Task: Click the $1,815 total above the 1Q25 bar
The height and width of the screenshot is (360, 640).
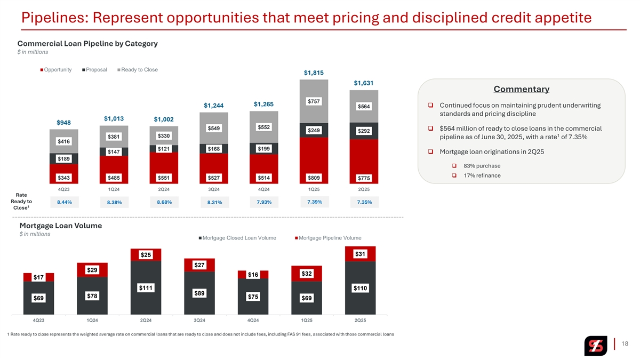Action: (314, 73)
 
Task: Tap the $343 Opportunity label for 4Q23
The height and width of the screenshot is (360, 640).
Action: (64, 177)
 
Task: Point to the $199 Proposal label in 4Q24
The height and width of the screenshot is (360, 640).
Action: (263, 148)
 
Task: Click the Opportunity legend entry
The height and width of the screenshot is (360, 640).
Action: (57, 70)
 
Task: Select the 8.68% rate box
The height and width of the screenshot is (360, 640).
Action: (164, 202)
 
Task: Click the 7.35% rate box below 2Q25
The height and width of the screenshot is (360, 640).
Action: (364, 203)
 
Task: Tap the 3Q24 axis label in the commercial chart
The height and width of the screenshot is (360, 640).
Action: (214, 189)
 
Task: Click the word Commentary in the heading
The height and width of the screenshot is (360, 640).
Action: (522, 89)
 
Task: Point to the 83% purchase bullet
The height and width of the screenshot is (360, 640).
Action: (482, 165)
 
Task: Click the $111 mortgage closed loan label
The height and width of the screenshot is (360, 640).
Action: (146, 288)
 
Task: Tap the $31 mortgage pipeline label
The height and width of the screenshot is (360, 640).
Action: (360, 254)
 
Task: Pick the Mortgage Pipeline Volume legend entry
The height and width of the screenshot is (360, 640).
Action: (327, 238)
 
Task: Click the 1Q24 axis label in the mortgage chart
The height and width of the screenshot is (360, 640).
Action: (92, 320)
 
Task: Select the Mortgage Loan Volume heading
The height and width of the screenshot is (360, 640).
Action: (60, 226)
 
